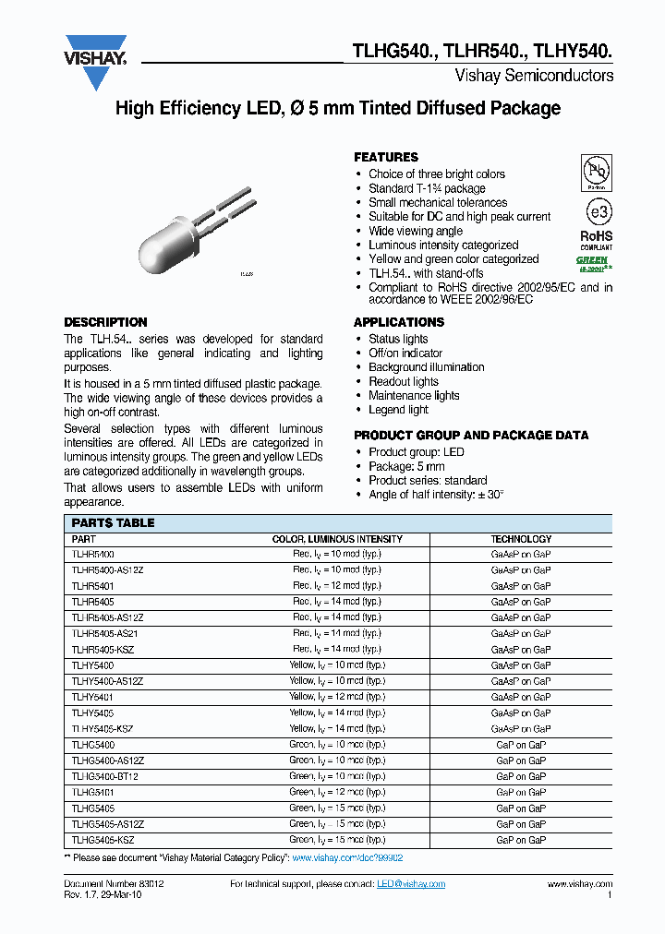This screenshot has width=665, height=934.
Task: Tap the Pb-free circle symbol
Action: [x=596, y=173]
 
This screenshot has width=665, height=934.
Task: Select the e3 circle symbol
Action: [x=598, y=211]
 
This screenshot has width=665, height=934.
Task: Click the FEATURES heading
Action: [x=386, y=158]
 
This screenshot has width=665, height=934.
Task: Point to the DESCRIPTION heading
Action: [x=105, y=322]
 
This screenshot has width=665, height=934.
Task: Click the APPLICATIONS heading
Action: [x=399, y=322]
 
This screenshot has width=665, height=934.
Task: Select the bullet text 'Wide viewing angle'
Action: [x=416, y=231]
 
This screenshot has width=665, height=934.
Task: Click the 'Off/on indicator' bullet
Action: [x=405, y=353]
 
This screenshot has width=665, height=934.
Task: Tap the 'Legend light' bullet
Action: [x=398, y=410]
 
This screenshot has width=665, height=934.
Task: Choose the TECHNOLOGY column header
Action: [x=521, y=539]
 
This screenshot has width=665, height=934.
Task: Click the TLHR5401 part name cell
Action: [x=92, y=586]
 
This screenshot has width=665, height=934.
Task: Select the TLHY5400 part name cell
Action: [x=92, y=665]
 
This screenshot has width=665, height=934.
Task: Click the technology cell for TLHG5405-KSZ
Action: [x=521, y=840]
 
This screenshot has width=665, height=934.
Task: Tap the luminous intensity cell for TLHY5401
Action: [x=335, y=697]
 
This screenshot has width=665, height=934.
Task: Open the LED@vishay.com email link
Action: [x=411, y=884]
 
